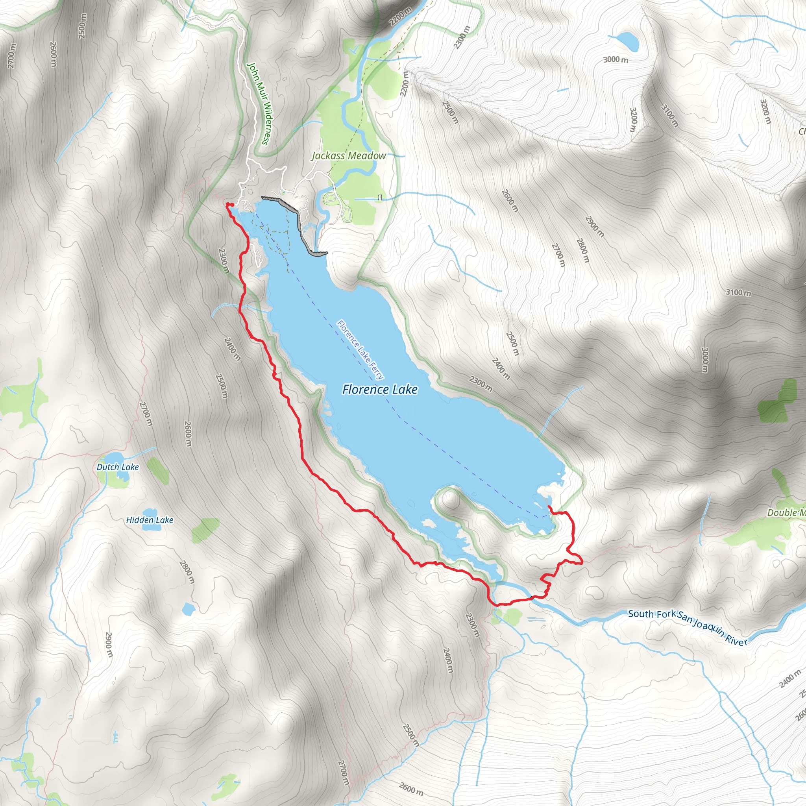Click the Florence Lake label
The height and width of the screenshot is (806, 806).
(380, 389)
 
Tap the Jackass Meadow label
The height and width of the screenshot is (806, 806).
(349, 155)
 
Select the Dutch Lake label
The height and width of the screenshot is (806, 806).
(118, 467)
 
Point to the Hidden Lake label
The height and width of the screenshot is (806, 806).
(149, 520)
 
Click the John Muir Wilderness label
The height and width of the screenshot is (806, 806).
(259, 104)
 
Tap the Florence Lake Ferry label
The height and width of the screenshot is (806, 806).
(360, 349)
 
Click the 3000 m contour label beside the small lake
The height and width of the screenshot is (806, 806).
(616, 60)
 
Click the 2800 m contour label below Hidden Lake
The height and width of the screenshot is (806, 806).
(187, 572)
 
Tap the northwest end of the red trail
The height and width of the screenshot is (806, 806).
(228, 204)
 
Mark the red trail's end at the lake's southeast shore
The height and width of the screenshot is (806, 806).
(549, 506)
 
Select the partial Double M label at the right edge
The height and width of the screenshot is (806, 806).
(786, 512)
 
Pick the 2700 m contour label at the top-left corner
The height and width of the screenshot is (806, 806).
(11, 56)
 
